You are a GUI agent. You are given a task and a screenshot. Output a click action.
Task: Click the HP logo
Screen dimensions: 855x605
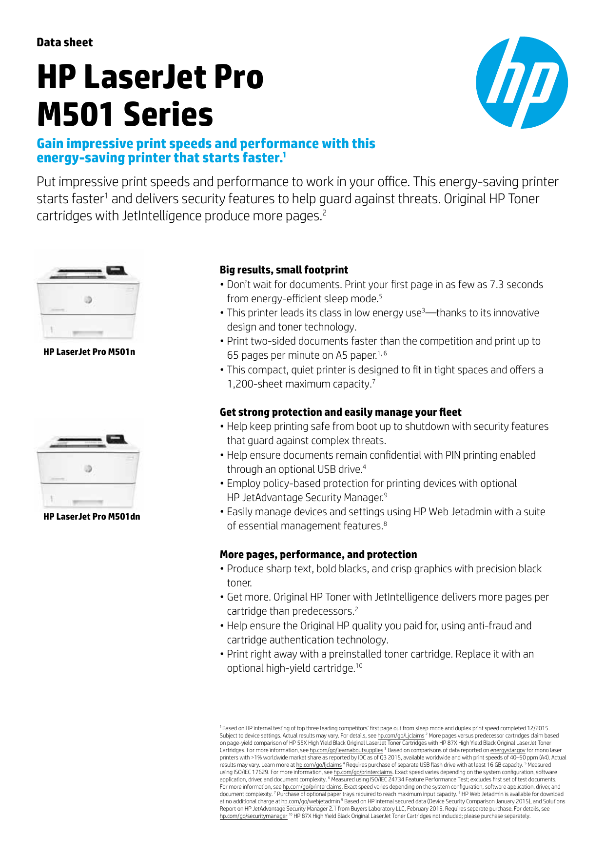click(522, 82)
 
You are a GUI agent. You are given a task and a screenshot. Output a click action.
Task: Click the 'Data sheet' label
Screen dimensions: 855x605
click(64, 42)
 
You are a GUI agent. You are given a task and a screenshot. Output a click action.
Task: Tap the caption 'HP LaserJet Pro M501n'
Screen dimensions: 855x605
click(89, 352)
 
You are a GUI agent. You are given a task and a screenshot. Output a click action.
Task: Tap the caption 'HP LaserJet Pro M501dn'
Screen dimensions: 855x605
click(92, 517)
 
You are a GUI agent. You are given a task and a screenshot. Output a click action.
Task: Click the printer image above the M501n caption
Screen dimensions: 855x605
click(88, 300)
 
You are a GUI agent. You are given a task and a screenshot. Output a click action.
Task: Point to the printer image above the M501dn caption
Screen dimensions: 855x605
click(88, 468)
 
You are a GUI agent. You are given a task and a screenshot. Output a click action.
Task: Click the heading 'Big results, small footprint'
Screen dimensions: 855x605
click(284, 270)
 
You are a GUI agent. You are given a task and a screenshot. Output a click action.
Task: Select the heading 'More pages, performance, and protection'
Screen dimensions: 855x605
click(318, 555)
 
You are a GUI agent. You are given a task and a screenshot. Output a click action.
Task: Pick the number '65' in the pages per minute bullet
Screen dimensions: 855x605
click(233, 355)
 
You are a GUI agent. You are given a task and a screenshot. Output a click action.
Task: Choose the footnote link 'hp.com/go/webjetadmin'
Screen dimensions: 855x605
click(311, 801)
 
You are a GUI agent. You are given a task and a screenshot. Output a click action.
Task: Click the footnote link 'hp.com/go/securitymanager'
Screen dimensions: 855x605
click(254, 816)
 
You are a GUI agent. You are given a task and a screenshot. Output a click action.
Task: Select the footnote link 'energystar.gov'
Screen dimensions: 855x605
click(507, 750)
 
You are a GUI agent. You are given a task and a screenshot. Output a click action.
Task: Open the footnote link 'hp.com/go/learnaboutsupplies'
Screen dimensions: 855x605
click(346, 750)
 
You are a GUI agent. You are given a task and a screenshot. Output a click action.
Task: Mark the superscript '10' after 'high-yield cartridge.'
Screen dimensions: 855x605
click(359, 665)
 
